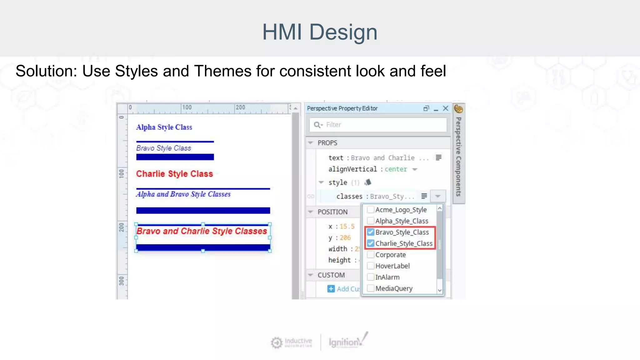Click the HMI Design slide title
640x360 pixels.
pyautogui.click(x=320, y=32)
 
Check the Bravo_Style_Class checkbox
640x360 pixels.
pyautogui.click(x=371, y=232)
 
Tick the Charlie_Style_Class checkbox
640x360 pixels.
pyautogui.click(x=371, y=243)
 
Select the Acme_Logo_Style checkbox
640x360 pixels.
pyautogui.click(x=371, y=210)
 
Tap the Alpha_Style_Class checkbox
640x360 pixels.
pyautogui.click(x=371, y=221)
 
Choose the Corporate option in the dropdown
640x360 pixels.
pyautogui.click(x=390, y=255)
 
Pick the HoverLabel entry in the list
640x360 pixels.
pyautogui.click(x=392, y=266)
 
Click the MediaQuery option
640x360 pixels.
pyautogui.click(x=394, y=288)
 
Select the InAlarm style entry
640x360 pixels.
pyautogui.click(x=387, y=277)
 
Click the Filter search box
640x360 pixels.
pyautogui.click(x=378, y=125)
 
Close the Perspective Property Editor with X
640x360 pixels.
pyautogui.click(x=446, y=108)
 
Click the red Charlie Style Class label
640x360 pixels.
pyautogui.click(x=174, y=174)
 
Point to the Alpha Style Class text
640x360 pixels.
pyautogui.click(x=164, y=127)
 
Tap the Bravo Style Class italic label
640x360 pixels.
pyautogui.click(x=163, y=148)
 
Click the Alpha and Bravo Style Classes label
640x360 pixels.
pyautogui.click(x=183, y=194)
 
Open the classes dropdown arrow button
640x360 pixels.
pyautogui.click(x=438, y=196)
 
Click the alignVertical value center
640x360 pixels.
pyautogui.click(x=396, y=169)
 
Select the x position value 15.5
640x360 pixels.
pyautogui.click(x=347, y=227)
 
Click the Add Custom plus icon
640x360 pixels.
pyautogui.click(x=331, y=289)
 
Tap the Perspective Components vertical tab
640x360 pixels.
pyautogui.click(x=458, y=156)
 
